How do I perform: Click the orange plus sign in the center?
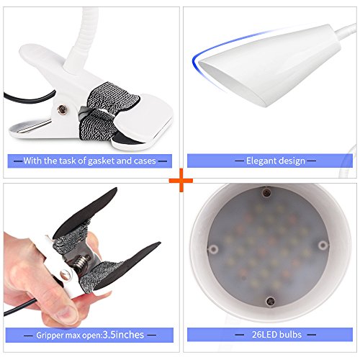181,180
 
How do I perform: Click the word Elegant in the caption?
261,161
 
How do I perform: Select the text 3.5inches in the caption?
123,335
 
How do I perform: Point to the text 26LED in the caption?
264,334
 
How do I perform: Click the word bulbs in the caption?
290,334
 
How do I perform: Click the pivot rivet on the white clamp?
62,109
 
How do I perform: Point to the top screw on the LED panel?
266,192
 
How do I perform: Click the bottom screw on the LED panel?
271,300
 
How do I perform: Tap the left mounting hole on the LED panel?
213,249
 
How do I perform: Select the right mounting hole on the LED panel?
323,245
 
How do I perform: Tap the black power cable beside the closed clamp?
29,99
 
